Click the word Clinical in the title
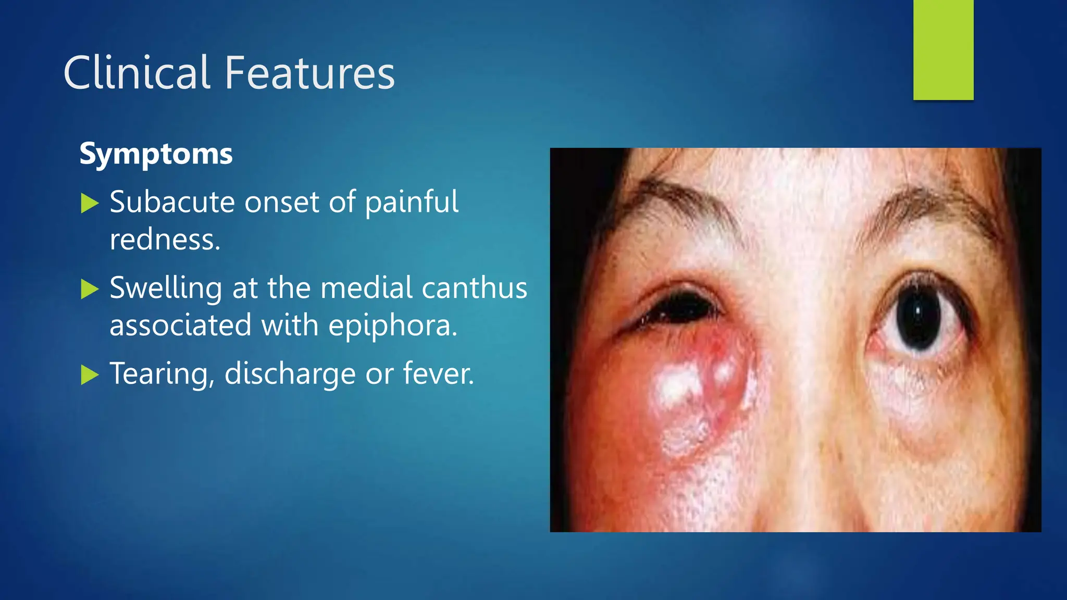click(137, 73)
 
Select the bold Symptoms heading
click(156, 154)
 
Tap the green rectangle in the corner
click(943, 50)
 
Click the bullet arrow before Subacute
click(90, 203)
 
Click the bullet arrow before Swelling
click(90, 289)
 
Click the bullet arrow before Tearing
click(90, 375)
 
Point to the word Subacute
click(172, 202)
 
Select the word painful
click(412, 203)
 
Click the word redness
click(165, 240)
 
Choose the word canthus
click(474, 288)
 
